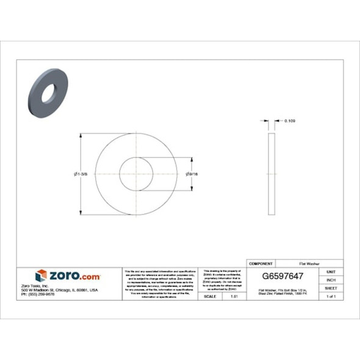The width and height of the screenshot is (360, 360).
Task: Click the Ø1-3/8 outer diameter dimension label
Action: [80, 174]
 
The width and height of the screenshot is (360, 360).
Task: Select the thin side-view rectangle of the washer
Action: [272, 174]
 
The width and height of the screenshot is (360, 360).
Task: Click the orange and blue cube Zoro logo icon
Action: [41, 276]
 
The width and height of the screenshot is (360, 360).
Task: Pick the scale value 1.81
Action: [233, 296]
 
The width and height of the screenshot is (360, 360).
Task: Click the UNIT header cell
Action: [331, 272]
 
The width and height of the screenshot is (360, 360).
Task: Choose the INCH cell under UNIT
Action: [331, 279]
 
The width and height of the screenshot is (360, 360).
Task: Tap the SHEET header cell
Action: [331, 287]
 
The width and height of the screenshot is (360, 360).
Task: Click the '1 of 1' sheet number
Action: [331, 296]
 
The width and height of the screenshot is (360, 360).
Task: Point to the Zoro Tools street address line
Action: [63, 290]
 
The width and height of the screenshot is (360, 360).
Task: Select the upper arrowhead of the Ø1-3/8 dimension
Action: [83, 135]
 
